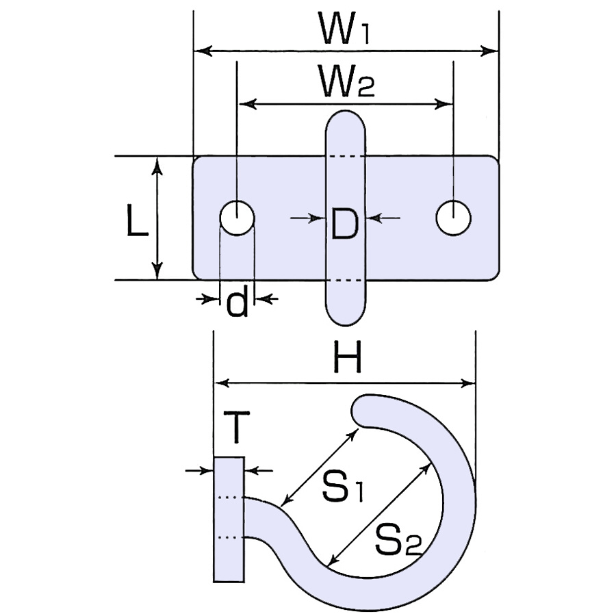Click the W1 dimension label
[345, 28]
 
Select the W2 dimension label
[347, 81]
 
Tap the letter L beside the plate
[138, 221]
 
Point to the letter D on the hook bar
[344, 224]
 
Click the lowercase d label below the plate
[238, 301]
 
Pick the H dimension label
[347, 357]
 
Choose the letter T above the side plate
[236, 427]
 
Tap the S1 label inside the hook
[343, 487]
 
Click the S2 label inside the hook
[398, 540]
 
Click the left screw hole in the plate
[237, 218]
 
